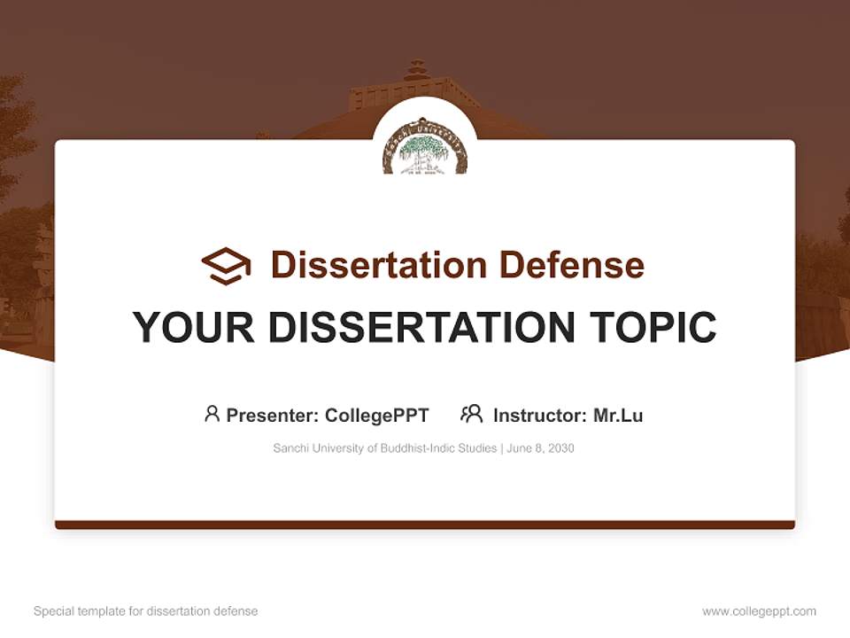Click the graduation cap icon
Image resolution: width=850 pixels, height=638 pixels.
coord(226,266)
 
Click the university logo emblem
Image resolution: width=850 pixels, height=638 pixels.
coord(425,147)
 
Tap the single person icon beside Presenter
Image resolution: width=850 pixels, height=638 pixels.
coord(212,414)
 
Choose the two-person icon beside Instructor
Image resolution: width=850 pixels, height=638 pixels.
coord(471,414)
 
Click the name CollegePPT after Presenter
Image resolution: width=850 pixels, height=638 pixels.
coord(377,415)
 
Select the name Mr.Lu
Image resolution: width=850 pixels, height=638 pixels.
coord(618,415)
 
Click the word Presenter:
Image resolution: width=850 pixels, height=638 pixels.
coord(273,415)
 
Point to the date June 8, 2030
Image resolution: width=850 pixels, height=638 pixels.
coord(541,448)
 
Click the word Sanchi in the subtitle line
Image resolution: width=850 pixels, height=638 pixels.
coord(290,448)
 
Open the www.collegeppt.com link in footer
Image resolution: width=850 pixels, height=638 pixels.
coord(759,611)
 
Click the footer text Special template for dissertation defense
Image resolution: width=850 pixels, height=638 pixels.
coord(145,611)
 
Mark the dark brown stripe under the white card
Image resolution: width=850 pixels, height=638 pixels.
coord(425,525)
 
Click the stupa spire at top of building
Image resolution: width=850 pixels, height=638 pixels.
coord(416,69)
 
